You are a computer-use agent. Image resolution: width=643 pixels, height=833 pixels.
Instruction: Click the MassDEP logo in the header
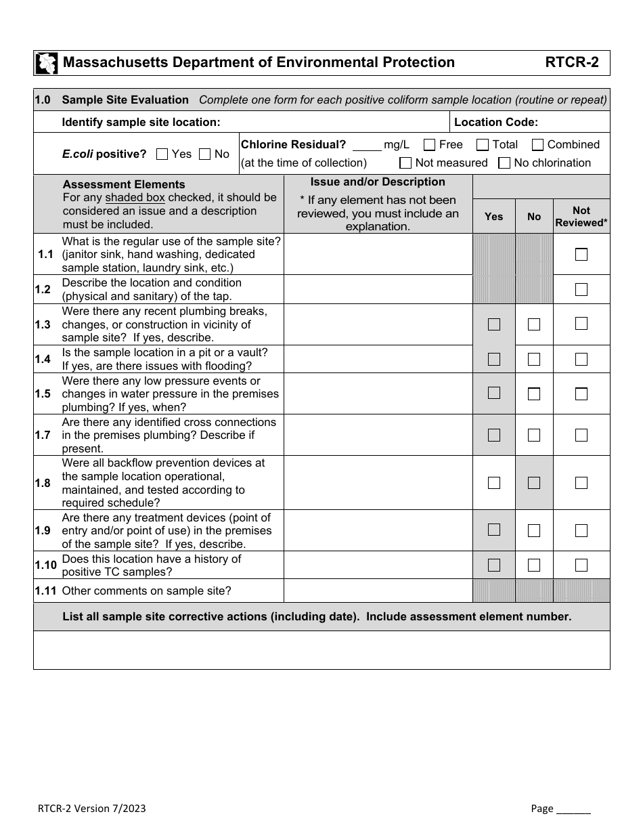coord(46,63)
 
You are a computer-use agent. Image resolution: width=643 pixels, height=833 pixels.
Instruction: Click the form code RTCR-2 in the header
coord(572,63)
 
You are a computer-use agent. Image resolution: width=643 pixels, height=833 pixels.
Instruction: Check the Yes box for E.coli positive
coord(162,154)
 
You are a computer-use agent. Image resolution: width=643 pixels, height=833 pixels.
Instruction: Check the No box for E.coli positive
coord(204,154)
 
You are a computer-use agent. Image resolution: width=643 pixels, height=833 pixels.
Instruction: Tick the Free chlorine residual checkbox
coord(429,144)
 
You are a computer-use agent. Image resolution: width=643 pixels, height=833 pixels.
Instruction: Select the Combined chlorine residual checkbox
coord(537,144)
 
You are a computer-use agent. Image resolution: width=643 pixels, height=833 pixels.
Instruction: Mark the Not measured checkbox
coord(405,163)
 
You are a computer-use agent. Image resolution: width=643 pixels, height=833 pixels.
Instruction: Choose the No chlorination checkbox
coord(504,163)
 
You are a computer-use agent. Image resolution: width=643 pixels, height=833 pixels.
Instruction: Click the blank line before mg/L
coord(367,145)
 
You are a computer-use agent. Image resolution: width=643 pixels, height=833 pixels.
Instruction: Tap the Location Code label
coord(495,122)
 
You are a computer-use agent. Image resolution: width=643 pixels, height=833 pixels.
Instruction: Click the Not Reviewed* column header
coord(581,216)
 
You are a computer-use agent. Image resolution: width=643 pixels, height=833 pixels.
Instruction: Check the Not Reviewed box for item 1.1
coord(581,255)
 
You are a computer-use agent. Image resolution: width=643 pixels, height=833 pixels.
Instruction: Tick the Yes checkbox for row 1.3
coord(494,324)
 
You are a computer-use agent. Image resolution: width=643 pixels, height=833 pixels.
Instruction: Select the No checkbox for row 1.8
coord(534,483)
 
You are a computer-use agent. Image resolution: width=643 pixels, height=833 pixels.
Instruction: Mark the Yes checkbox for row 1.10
coord(494,565)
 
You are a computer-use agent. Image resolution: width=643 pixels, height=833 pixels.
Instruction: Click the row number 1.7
coord(43,435)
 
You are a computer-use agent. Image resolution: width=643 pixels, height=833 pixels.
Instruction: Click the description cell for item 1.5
coord(378,393)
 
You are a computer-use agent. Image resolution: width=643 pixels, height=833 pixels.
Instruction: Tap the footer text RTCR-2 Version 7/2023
coord(91,809)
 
